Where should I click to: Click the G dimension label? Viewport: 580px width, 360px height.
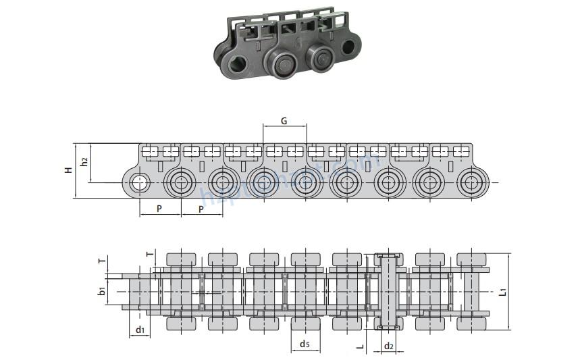[x=284, y=121]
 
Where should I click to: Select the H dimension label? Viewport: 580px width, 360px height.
[x=68, y=171]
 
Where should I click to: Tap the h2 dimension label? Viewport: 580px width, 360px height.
[x=84, y=162]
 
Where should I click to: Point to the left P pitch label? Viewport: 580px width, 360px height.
[x=159, y=209]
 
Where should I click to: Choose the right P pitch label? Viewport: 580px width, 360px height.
[x=202, y=209]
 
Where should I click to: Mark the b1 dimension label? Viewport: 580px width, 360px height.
[x=101, y=291]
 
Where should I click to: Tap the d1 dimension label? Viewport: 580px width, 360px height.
[x=140, y=330]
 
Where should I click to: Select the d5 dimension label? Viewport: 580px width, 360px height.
[x=305, y=344]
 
